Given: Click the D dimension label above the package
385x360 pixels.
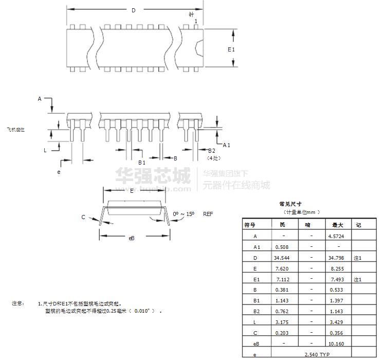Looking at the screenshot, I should coord(134,10).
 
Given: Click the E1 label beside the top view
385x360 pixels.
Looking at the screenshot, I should coord(231,49).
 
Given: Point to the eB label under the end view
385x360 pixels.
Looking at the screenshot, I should coord(132,238).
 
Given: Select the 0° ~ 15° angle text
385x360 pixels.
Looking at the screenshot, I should coord(184,213).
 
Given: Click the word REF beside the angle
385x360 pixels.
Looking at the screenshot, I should coord(208,213).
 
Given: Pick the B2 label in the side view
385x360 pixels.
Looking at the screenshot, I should coord(211,151).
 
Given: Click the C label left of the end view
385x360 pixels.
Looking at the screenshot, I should coord(83,217).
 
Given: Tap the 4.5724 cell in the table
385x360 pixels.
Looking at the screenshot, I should coord(337,236).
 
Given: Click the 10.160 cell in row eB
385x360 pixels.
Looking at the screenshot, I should coord(337,344).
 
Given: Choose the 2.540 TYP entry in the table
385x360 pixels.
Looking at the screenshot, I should coord(317,355).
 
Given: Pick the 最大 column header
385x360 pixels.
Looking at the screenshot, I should coord(337,225).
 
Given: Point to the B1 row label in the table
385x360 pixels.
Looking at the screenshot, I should coord(255,301).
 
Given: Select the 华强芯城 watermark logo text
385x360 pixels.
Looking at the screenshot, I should coord(153,176).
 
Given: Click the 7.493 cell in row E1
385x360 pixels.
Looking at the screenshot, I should coord(337,279).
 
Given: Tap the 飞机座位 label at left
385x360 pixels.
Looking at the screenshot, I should coord(16,130).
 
